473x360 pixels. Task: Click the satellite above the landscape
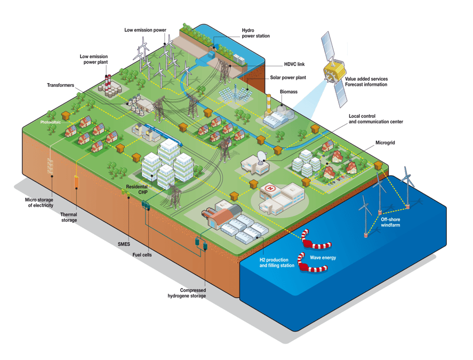point(334,69)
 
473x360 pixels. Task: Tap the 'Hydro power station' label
point(255,33)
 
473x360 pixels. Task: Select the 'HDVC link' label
point(294,65)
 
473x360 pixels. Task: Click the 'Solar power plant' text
point(288,77)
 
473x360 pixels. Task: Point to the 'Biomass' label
point(288,92)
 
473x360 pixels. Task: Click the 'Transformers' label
point(60,85)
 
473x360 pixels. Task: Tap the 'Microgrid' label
point(385,142)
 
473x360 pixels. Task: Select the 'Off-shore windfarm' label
point(390,222)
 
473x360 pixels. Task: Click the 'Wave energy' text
point(323,258)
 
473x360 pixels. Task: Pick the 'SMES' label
point(124,244)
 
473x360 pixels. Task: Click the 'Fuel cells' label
point(142,255)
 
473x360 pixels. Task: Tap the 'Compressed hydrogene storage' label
point(187,293)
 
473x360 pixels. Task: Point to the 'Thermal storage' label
point(69,217)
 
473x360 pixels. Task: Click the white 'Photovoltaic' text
point(50,122)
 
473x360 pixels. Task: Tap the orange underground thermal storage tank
point(77,181)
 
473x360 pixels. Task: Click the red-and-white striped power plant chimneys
point(108,81)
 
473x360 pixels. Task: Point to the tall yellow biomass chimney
point(268,105)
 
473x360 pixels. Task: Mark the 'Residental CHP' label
point(137,189)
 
